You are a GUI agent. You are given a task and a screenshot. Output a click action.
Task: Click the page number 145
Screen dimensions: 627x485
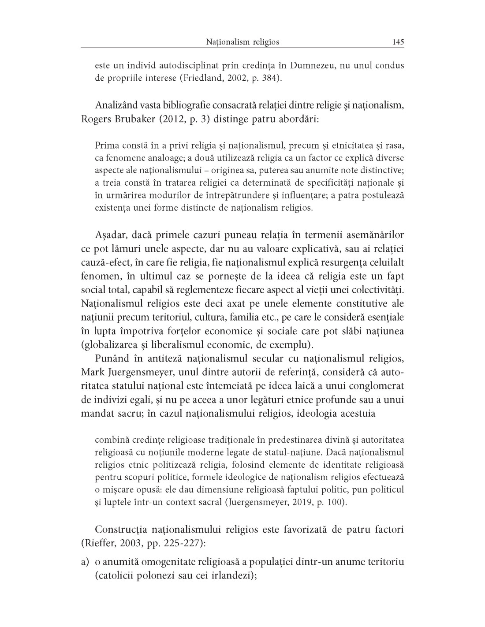(x=398, y=42)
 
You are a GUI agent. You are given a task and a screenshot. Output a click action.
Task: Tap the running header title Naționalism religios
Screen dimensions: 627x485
(x=242, y=42)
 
